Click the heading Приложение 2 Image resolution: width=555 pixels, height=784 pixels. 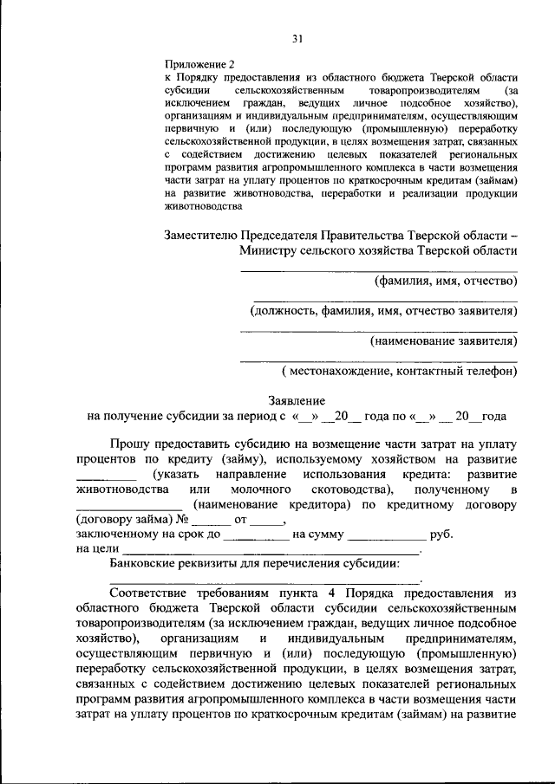coord(199,64)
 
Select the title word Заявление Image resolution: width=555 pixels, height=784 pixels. coord(297,401)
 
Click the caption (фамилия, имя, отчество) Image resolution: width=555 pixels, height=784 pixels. coord(446,281)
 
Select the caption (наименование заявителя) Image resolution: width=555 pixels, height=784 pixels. coord(443,340)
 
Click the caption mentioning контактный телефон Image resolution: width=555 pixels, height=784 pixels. coord(399,371)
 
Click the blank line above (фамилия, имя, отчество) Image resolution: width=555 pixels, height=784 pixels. coord(378,271)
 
